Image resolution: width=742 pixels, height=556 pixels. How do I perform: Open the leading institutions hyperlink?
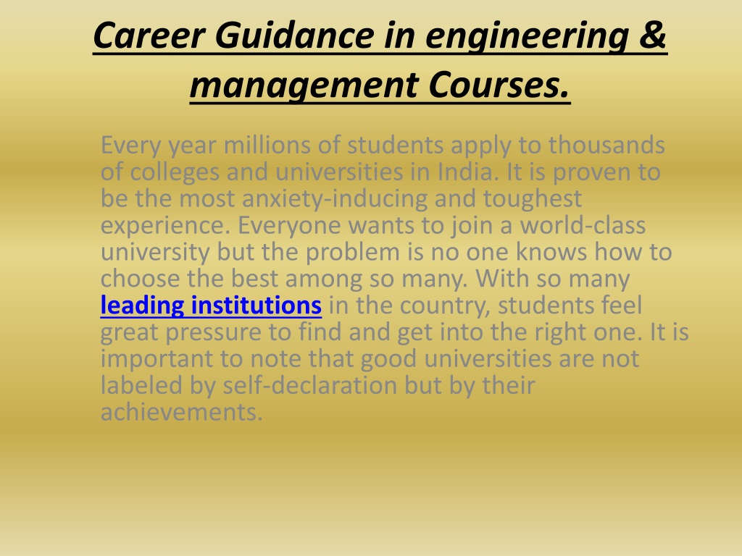tap(211, 305)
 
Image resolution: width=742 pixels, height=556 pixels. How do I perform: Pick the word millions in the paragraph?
tap(267, 145)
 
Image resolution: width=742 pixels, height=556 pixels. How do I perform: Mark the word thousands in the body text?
tap(606, 145)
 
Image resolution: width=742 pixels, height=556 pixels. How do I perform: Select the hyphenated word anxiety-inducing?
tap(335, 198)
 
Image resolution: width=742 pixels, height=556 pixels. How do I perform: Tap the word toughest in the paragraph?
tap(533, 198)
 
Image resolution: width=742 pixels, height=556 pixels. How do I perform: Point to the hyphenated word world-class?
tap(583, 225)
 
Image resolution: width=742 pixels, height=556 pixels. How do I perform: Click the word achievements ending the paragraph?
tap(182, 412)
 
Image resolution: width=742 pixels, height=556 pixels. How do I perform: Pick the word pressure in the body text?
tap(214, 332)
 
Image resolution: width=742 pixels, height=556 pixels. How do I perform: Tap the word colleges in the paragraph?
tap(175, 172)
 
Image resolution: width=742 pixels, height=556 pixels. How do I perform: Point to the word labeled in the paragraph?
tap(141, 385)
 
